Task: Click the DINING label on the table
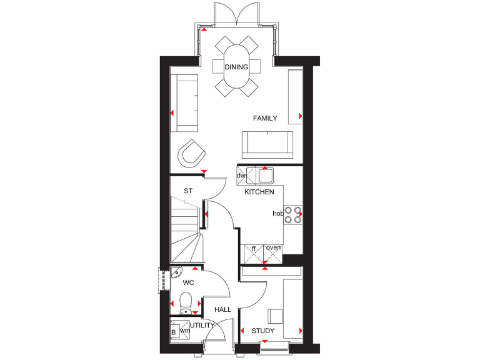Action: click(236, 67)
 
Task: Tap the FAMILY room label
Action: click(265, 118)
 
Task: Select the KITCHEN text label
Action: click(259, 192)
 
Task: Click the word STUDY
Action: click(263, 331)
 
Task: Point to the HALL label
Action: click(222, 309)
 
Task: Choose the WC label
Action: click(188, 283)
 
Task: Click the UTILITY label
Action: click(202, 326)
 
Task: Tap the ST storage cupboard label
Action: click(187, 191)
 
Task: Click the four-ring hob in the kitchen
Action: click(292, 214)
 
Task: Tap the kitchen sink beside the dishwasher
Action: click(266, 175)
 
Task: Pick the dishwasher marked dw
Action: click(242, 176)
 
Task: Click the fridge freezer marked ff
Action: click(254, 252)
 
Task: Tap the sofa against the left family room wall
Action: click(185, 103)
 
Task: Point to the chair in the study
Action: click(276, 316)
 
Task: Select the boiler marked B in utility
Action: click(174, 332)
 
